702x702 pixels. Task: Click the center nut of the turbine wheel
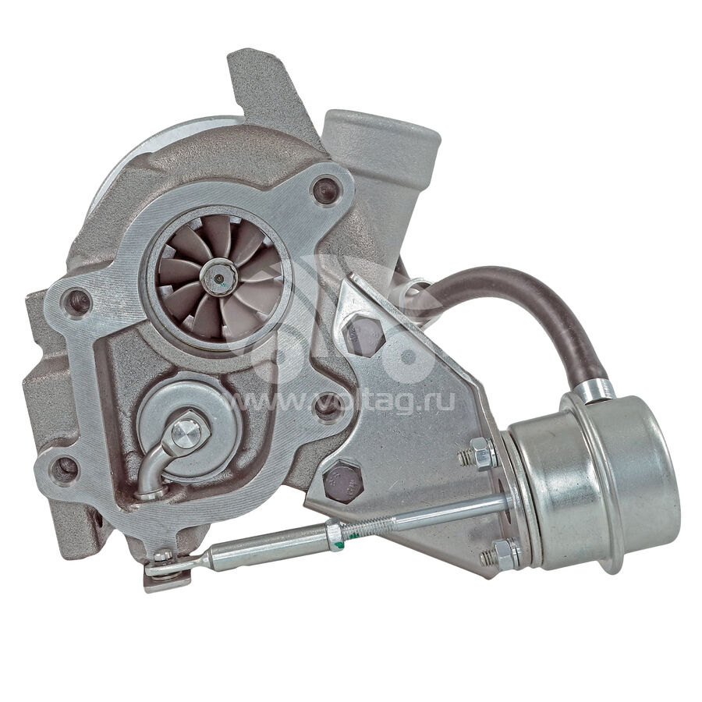[x=218, y=278]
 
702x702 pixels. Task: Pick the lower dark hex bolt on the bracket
[x=342, y=483]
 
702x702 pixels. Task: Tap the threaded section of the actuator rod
[x=368, y=528]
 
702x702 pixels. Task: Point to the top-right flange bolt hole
[x=326, y=190]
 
